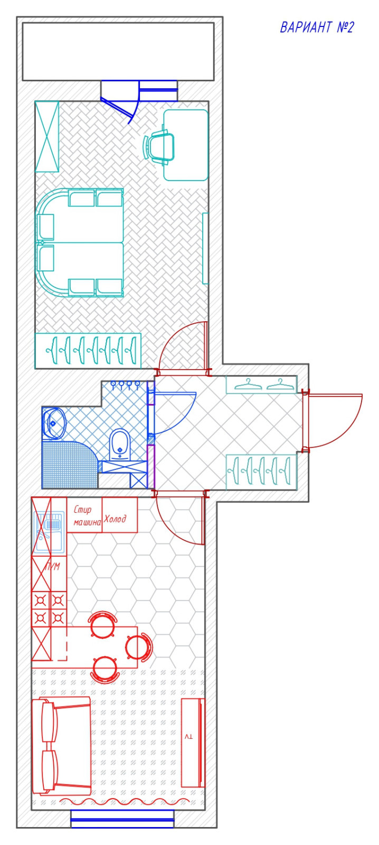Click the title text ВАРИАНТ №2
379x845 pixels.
pyautogui.click(x=317, y=27)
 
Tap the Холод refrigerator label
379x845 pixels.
pyautogui.click(x=115, y=519)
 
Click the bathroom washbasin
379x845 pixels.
pyautogui.click(x=53, y=424)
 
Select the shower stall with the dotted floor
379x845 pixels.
pyautogui.click(x=70, y=465)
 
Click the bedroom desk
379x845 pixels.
pyautogui.click(x=186, y=145)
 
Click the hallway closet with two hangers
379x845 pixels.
pyautogui.click(x=261, y=385)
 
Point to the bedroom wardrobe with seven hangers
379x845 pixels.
pyautogui.click(x=88, y=351)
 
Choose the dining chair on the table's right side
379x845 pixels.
pyautogui.click(x=139, y=647)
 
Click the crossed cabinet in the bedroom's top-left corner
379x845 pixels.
pyautogui.click(x=47, y=137)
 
